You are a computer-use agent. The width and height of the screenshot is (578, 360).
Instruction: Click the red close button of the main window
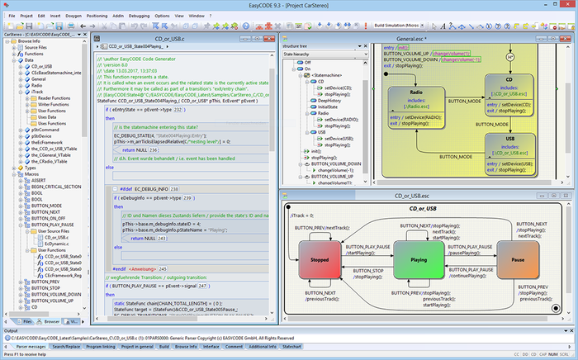561,4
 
